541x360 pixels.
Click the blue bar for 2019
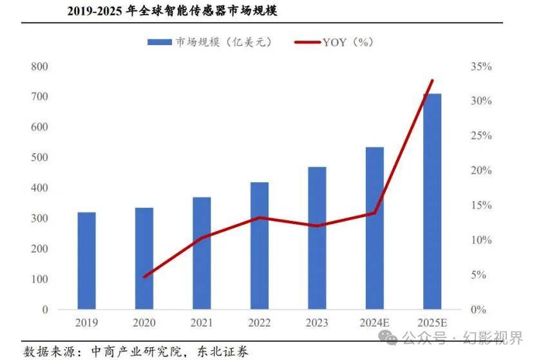coord(86,261)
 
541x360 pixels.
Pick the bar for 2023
coord(317,238)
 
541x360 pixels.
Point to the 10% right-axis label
coord(482,240)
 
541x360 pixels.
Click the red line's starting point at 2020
coord(144,276)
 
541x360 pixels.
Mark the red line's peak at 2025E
coord(432,81)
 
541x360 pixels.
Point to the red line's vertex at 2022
coord(259,218)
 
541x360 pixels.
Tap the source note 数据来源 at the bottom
coord(136,351)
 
